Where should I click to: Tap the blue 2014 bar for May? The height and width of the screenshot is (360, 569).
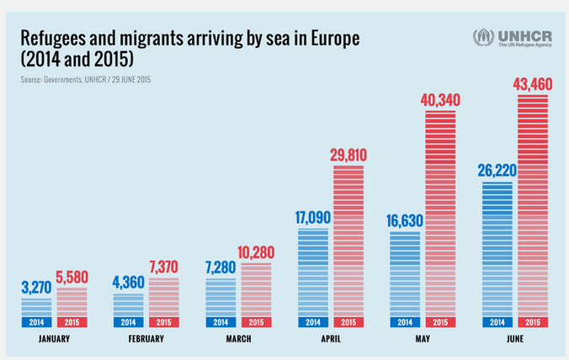coord(405,273)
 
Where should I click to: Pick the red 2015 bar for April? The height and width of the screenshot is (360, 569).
coord(349,240)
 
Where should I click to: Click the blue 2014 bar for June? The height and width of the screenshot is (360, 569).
coord(497,248)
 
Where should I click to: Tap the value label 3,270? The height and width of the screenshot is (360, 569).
coord(36,287)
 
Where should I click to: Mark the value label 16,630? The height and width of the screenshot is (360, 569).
coord(404,221)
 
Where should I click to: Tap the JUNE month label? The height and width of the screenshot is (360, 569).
coord(515,340)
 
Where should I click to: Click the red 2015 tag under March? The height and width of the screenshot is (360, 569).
coord(257,322)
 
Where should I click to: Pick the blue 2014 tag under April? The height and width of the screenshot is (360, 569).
coord(312,322)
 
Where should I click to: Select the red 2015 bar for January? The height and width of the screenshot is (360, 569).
coord(72,302)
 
